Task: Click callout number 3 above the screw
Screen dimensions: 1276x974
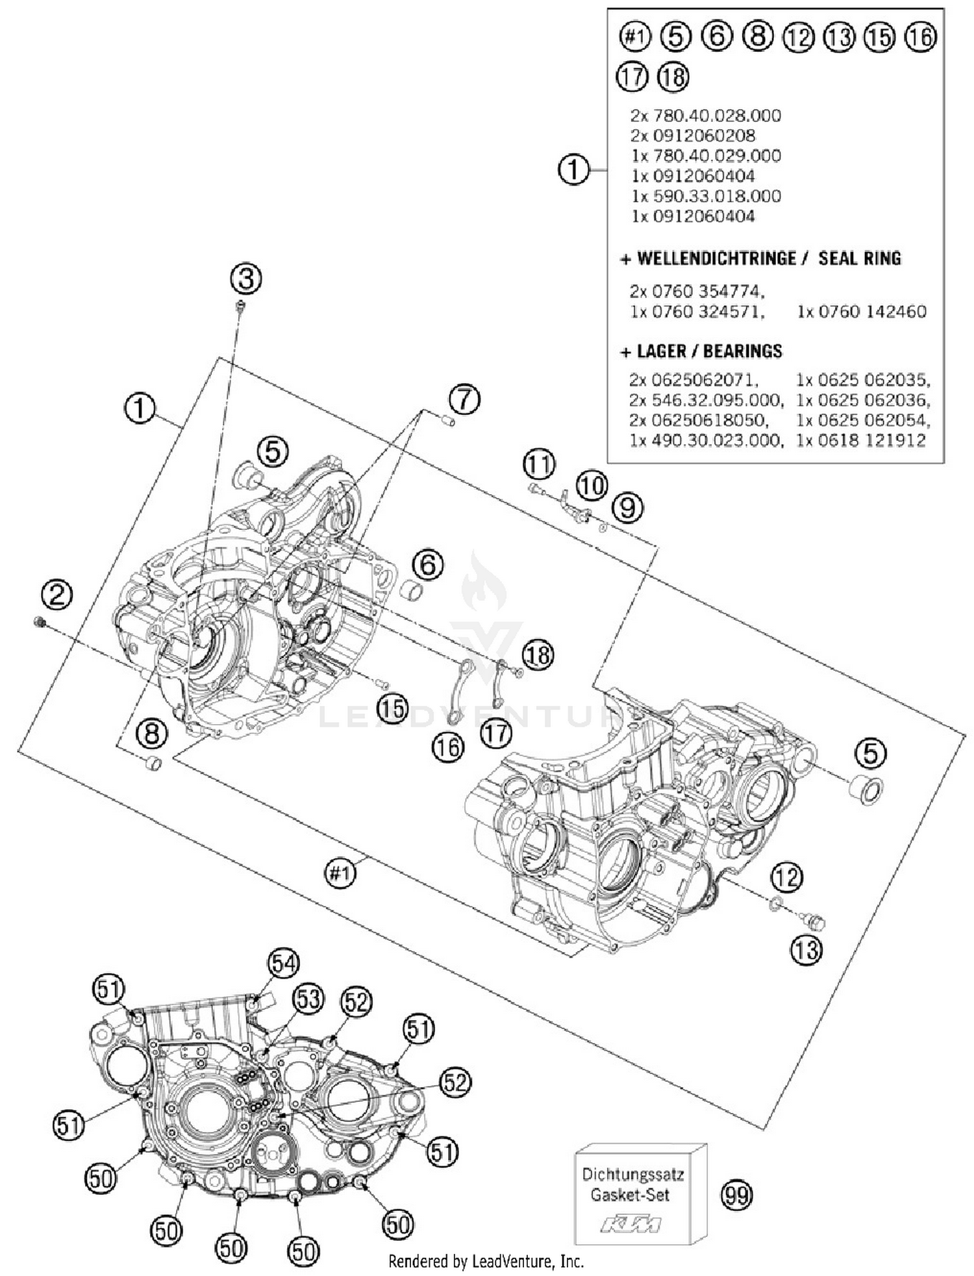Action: pyautogui.click(x=246, y=279)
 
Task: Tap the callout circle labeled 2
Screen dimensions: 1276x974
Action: pyautogui.click(x=56, y=594)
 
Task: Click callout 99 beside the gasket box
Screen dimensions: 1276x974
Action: pyautogui.click(x=737, y=1195)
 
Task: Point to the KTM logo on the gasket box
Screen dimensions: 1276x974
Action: pyautogui.click(x=631, y=1225)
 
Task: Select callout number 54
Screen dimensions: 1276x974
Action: pyautogui.click(x=284, y=964)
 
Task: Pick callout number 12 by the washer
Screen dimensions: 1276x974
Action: pyautogui.click(x=786, y=878)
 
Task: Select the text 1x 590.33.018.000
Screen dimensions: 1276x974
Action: pyautogui.click(x=706, y=196)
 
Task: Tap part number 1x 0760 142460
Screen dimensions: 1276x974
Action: pyautogui.click(x=862, y=312)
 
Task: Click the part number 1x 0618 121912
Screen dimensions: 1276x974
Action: pyautogui.click(x=861, y=440)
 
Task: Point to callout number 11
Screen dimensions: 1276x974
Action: pyautogui.click(x=539, y=464)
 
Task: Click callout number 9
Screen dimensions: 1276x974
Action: pyautogui.click(x=627, y=508)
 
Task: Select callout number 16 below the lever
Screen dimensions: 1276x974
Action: pyautogui.click(x=447, y=747)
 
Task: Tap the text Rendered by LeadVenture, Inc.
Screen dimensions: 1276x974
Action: pyautogui.click(x=486, y=1261)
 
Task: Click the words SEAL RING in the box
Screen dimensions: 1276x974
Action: pyautogui.click(x=859, y=258)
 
